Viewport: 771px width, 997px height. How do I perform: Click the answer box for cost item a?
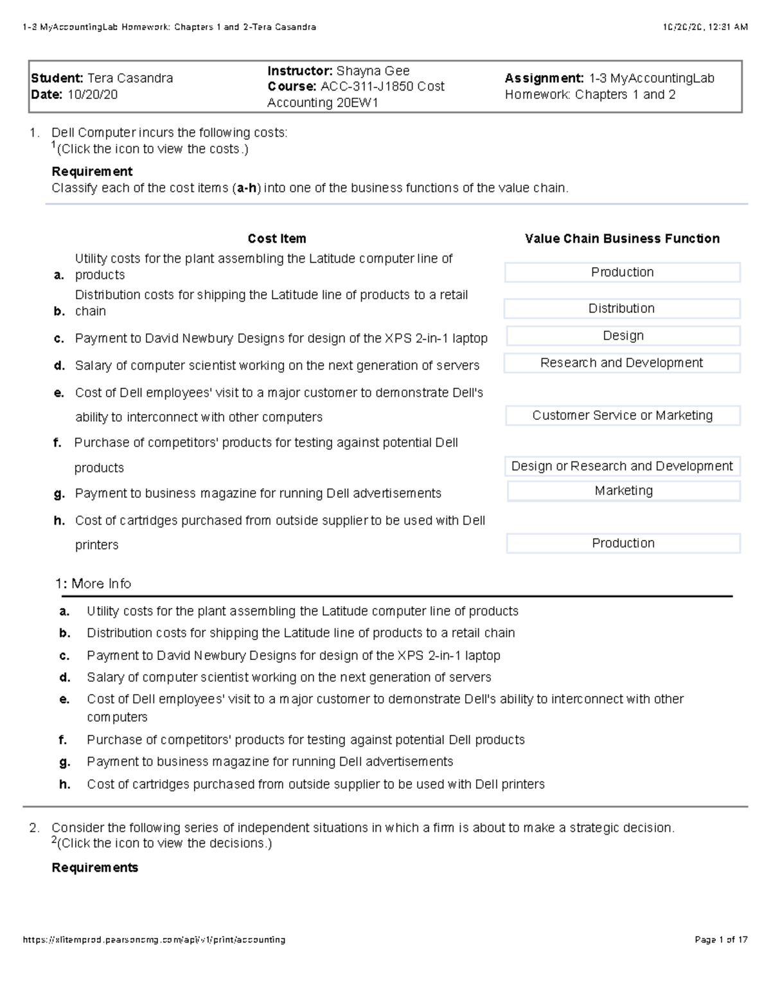(x=622, y=272)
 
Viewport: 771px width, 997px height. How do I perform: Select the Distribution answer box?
(x=621, y=308)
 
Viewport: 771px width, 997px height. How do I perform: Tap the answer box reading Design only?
(x=623, y=336)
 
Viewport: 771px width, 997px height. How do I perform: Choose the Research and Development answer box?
(x=621, y=363)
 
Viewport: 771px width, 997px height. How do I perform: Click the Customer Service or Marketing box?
(x=622, y=415)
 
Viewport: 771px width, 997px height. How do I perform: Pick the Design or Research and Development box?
(x=622, y=466)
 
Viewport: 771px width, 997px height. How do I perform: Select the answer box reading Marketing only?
(x=623, y=490)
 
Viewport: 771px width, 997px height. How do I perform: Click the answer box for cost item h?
(x=623, y=543)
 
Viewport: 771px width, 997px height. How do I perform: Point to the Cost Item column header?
(x=277, y=239)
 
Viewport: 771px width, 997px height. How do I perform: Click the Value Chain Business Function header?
(x=622, y=239)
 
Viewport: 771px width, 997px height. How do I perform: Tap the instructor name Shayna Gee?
(x=373, y=71)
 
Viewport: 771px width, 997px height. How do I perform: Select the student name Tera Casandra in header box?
(x=130, y=78)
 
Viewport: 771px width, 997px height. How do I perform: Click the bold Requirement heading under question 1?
(x=92, y=171)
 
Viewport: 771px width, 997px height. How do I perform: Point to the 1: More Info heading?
(x=93, y=584)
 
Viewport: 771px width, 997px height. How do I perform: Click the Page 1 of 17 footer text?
(x=721, y=940)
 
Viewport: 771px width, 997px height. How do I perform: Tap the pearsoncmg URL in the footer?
(x=154, y=940)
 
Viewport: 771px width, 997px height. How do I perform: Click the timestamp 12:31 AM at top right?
(x=725, y=27)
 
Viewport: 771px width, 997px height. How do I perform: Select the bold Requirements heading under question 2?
(x=95, y=868)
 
